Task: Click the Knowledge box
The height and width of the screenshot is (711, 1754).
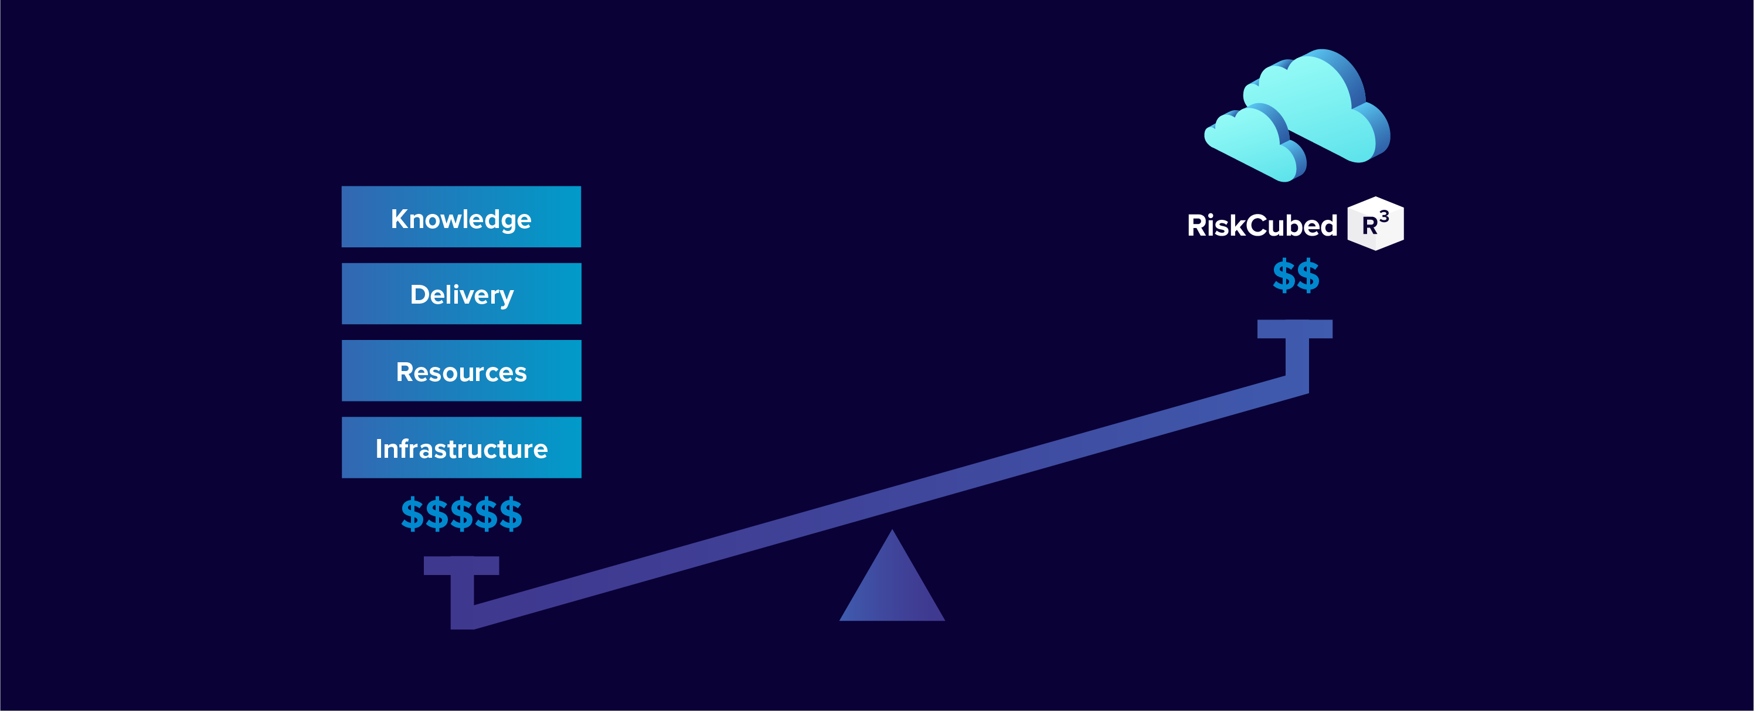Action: coord(461,216)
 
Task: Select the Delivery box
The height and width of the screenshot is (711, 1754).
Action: coord(461,294)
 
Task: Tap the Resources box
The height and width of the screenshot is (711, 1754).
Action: coord(461,370)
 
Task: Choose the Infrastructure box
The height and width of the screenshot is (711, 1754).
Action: coord(461,447)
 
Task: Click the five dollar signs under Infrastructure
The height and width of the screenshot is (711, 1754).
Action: coord(461,514)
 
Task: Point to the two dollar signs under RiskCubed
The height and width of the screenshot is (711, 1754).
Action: coord(1296,276)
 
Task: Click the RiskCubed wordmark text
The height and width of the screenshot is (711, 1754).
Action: coord(1262,226)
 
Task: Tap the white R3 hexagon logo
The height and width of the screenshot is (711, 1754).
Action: coord(1375,223)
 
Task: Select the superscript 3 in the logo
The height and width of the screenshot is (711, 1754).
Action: coord(1384,216)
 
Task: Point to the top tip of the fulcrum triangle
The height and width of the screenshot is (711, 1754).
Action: coord(892,530)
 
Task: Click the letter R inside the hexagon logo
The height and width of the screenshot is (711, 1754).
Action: coord(1369,226)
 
